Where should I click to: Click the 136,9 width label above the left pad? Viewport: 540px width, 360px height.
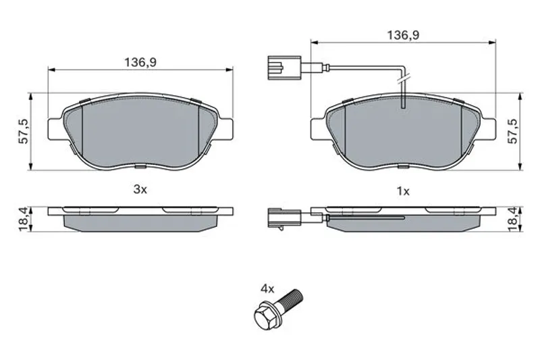[x=140, y=62]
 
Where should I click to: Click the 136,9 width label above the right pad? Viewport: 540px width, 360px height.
[x=403, y=35]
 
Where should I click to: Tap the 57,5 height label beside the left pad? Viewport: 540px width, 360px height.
[x=24, y=131]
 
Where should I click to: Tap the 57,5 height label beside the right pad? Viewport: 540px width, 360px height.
[x=513, y=131]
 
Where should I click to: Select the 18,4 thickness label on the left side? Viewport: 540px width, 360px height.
[x=24, y=220]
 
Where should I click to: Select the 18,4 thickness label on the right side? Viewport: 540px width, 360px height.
[x=513, y=220]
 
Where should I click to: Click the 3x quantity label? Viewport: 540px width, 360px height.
[x=140, y=189]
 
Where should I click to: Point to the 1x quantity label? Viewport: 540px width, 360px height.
[x=403, y=191]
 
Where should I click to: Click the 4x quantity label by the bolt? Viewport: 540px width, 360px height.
[x=267, y=288]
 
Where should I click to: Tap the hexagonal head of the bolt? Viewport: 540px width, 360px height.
[x=265, y=316]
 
